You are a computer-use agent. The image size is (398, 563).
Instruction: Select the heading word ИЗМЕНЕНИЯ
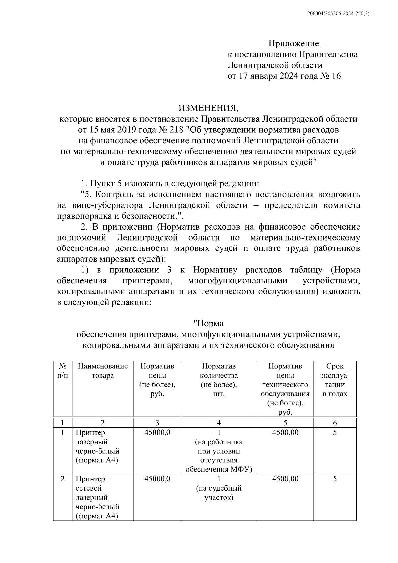tap(208, 108)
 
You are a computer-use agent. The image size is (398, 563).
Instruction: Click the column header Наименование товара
tap(103, 371)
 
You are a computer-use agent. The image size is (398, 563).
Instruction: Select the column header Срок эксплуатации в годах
tap(335, 380)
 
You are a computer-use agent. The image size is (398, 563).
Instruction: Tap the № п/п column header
tap(63, 371)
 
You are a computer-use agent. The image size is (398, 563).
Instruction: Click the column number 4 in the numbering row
tap(219, 423)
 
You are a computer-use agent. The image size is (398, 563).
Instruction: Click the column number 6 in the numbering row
tap(335, 423)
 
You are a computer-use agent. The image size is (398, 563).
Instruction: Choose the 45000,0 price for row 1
tap(157, 433)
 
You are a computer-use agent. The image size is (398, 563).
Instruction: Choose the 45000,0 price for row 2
tap(157, 479)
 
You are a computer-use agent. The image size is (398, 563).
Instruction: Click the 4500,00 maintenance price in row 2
tap(285, 479)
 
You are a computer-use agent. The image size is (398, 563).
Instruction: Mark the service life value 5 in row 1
tap(335, 433)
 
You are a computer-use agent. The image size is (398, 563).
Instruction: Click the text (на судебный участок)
tap(219, 493)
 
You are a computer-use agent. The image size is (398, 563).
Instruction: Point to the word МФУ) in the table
tap(242, 470)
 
